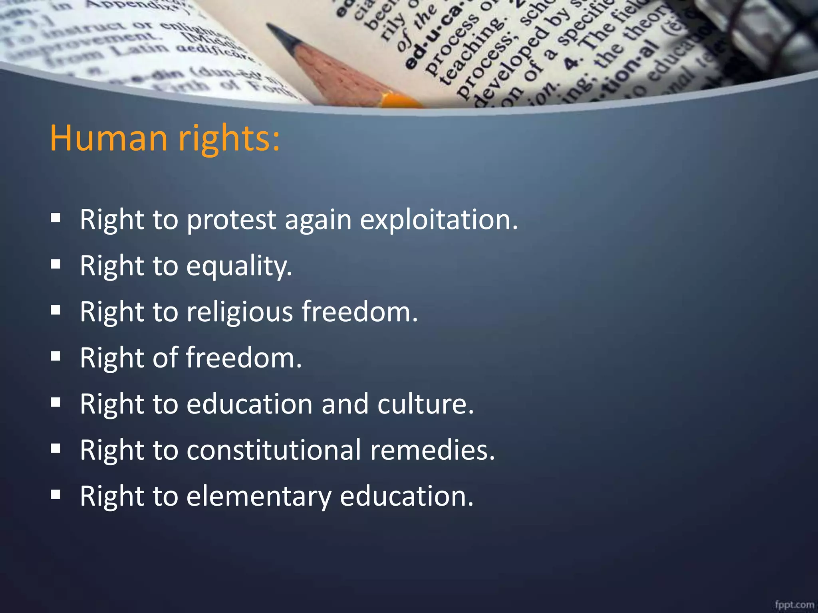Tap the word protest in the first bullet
[231, 220]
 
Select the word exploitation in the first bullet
[439, 220]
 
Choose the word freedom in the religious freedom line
[359, 312]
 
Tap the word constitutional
[274, 450]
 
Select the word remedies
[432, 450]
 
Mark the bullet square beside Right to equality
[56, 264]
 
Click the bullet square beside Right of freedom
[56, 356]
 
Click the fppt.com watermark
[794, 604]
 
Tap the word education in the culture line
[249, 404]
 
